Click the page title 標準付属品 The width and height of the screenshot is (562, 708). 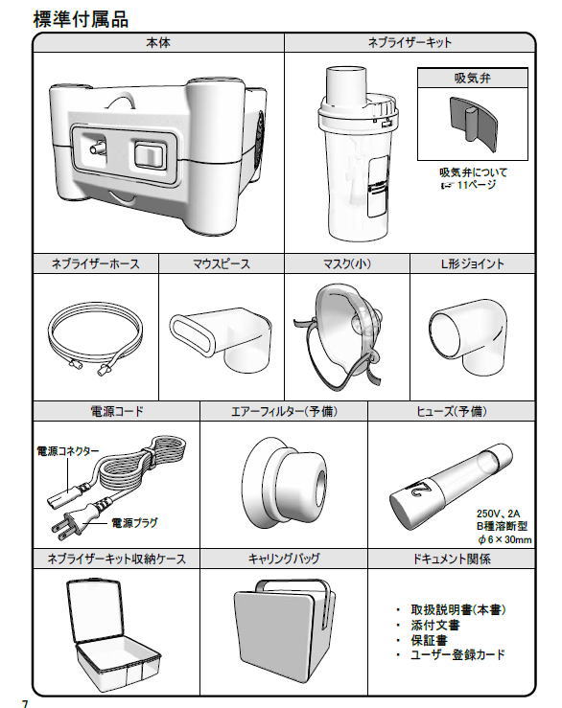point(81,19)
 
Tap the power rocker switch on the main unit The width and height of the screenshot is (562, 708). point(151,154)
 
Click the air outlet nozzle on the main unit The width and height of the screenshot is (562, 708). point(98,148)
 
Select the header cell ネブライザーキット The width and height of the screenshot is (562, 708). point(410,42)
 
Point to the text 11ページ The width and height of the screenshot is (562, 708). point(477,185)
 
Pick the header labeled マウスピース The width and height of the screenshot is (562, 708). point(222,263)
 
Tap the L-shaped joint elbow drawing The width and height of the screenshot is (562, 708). point(468,334)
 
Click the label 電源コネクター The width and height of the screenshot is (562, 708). point(68,451)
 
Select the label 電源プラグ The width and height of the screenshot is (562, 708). point(134,523)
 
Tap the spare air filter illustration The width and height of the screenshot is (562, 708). point(284,482)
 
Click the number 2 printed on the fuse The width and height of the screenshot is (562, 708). point(423,488)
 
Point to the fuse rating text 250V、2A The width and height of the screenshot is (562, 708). point(499,514)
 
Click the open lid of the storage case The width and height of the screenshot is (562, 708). point(95,609)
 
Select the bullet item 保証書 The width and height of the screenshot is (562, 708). point(429,640)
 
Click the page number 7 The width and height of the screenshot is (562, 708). point(25,703)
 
